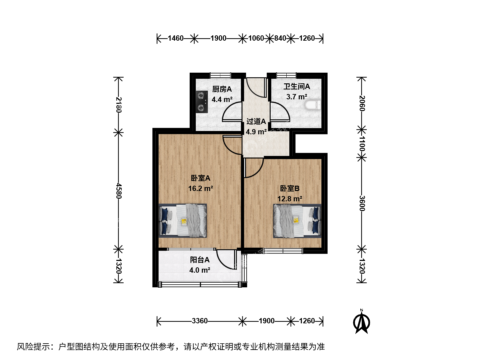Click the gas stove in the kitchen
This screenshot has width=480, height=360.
(202, 102)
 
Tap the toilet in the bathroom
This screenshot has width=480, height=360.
(313, 105)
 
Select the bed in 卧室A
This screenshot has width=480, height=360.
(183, 221)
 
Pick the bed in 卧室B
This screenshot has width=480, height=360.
(297, 221)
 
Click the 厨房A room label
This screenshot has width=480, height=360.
(222, 89)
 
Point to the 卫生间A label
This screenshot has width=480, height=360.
(297, 87)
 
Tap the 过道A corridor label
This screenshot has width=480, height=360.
(256, 121)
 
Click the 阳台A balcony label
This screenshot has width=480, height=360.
(200, 260)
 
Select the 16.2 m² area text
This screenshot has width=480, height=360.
(201, 188)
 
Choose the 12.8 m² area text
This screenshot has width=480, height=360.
(290, 199)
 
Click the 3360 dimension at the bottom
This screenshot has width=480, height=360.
(200, 321)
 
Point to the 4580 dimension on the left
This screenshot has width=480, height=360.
(119, 191)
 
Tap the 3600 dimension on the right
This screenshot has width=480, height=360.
(362, 203)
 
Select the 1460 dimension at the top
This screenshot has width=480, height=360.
(176, 38)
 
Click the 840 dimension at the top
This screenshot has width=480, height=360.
(280, 38)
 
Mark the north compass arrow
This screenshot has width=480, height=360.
(361, 322)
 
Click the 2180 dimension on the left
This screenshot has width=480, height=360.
(119, 104)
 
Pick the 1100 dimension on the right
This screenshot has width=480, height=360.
(362, 144)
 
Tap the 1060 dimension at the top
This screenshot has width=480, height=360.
(256, 38)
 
